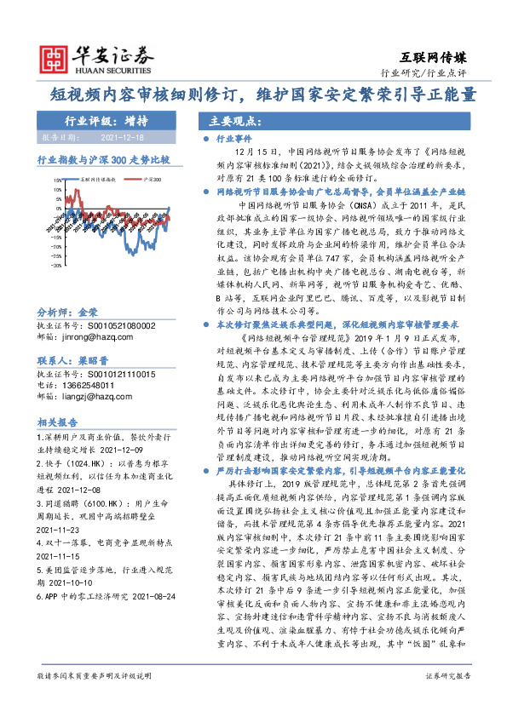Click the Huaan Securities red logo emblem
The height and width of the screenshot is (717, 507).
coord(55,57)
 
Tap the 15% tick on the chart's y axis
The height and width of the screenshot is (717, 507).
coord(57,181)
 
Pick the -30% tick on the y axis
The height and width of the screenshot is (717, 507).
coord(56,264)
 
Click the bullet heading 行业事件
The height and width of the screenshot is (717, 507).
coord(234,136)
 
